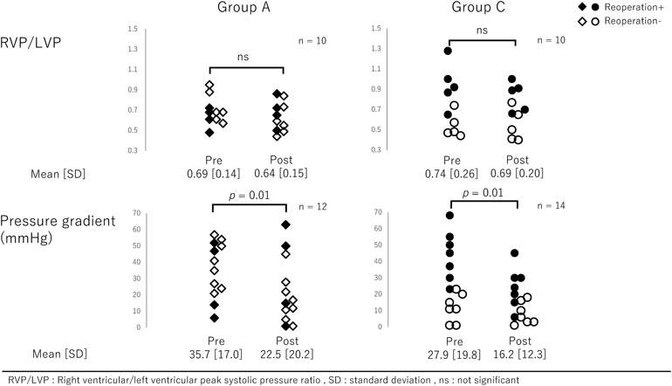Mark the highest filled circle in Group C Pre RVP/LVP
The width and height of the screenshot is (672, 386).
(448, 51)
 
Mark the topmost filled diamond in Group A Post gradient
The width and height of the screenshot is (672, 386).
(285, 225)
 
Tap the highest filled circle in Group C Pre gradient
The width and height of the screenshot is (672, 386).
(449, 215)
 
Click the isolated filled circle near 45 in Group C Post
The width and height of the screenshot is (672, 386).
(515, 253)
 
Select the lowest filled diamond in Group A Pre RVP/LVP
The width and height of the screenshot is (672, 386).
(209, 133)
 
